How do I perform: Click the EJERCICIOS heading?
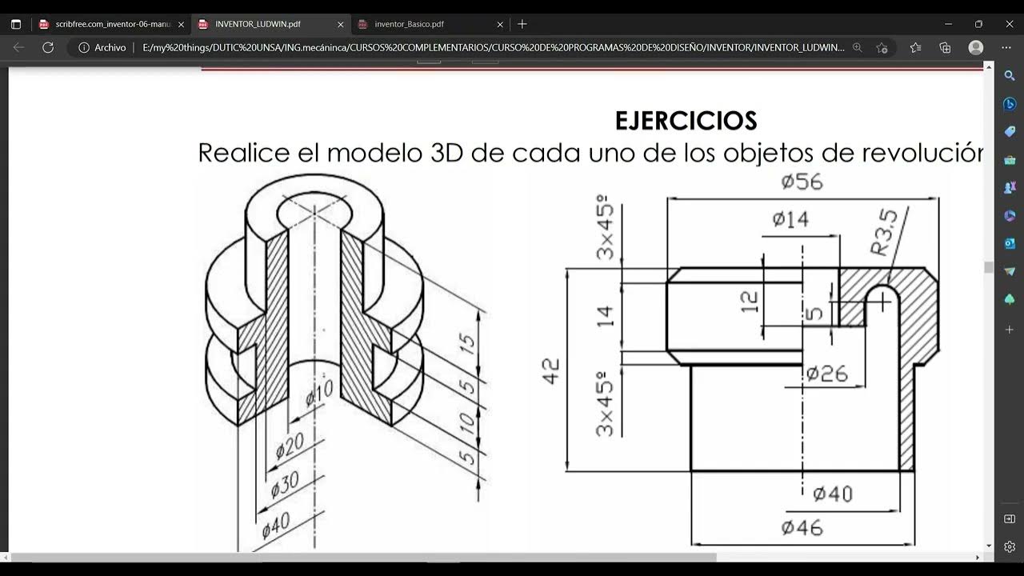tap(686, 121)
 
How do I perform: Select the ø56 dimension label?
tap(802, 182)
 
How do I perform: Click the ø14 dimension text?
tap(790, 219)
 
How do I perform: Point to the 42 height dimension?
tap(551, 370)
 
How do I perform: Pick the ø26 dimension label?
tap(826, 373)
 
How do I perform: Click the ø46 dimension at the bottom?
tap(802, 527)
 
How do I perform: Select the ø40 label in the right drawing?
tap(832, 494)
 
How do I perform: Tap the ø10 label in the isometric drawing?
tap(319, 393)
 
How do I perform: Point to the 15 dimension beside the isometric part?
tap(467, 344)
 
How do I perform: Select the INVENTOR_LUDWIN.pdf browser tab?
tap(258, 24)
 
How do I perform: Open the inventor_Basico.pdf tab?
tap(409, 24)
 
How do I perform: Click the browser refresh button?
tap(48, 47)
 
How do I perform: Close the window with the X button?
tap(1009, 24)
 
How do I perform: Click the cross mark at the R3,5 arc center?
tap(882, 302)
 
